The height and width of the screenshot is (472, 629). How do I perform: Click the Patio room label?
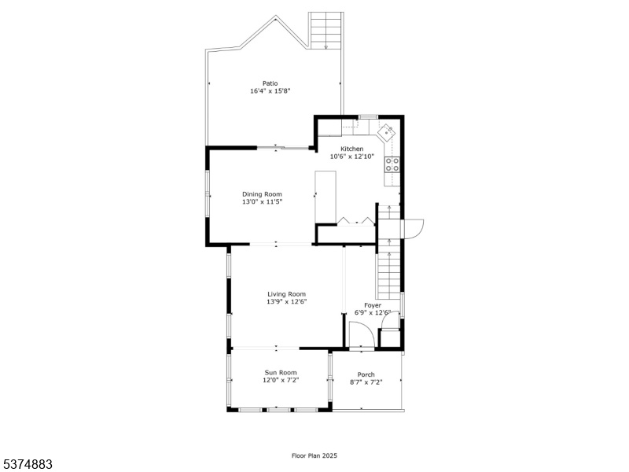click(270, 83)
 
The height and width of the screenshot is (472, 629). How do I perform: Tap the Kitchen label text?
click(351, 149)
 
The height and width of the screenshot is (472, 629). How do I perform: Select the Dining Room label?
click(262, 194)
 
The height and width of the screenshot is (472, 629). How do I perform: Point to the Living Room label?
click(287, 294)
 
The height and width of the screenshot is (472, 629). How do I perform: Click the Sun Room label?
click(281, 372)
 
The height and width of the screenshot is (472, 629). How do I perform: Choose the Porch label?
click(366, 374)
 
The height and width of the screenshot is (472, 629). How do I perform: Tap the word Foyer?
click(373, 305)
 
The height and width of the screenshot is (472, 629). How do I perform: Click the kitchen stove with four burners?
click(392, 164)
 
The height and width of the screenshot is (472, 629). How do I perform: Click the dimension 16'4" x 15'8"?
click(270, 91)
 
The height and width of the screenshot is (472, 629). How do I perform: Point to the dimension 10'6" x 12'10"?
click(351, 157)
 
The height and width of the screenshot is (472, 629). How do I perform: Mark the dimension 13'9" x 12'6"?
click(287, 302)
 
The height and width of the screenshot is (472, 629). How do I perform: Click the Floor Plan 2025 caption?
click(314, 455)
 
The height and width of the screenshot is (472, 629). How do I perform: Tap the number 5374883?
click(26, 465)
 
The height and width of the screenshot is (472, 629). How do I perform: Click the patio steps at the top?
click(326, 31)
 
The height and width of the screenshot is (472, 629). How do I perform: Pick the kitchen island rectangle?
click(326, 197)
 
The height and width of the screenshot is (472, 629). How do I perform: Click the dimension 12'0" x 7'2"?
click(281, 380)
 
